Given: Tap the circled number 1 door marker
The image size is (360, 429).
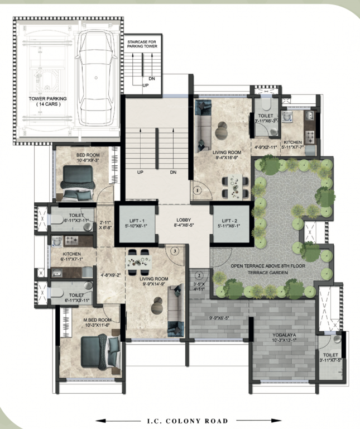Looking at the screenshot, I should click(197, 190).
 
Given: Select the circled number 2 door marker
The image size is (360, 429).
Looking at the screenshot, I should click(198, 274).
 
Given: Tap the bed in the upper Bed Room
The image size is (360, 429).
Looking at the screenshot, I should click(78, 182).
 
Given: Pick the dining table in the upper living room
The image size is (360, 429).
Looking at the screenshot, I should click(233, 186).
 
